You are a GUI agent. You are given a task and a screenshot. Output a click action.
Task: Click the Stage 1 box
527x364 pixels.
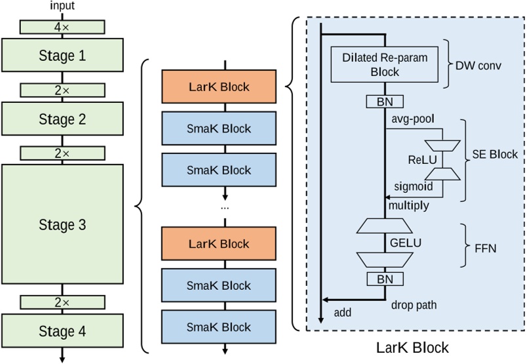click(x=62, y=56)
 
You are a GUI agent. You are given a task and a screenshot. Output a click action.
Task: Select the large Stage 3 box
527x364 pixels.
click(x=62, y=224)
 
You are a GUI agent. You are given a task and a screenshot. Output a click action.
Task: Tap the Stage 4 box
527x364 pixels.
click(x=62, y=331)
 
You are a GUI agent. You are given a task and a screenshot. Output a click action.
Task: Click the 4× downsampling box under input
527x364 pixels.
click(x=62, y=27)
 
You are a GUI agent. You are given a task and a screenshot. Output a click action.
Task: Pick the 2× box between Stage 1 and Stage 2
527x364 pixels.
click(x=62, y=90)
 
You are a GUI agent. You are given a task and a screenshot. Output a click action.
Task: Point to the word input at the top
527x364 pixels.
click(x=62, y=6)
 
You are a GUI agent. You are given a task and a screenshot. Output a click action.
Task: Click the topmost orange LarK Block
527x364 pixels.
click(x=219, y=87)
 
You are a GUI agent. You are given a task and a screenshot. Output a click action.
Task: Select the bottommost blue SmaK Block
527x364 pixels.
click(x=219, y=327)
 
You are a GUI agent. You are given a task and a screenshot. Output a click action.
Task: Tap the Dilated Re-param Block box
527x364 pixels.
click(x=385, y=64)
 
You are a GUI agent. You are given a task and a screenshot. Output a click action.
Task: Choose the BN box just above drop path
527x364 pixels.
click(x=385, y=279)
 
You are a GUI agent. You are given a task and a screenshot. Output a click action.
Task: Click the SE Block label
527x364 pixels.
click(x=495, y=155)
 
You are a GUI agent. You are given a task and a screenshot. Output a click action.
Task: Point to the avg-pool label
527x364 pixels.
click(x=413, y=119)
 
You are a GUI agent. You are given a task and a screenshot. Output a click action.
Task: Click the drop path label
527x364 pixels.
click(x=414, y=304)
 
